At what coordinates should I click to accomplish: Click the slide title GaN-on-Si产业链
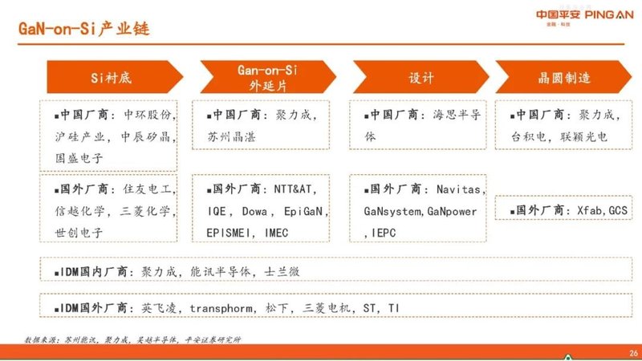click(83, 30)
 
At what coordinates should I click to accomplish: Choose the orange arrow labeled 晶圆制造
click(563, 78)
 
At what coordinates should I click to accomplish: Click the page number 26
click(632, 352)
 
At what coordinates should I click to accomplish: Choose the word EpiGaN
click(305, 212)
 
